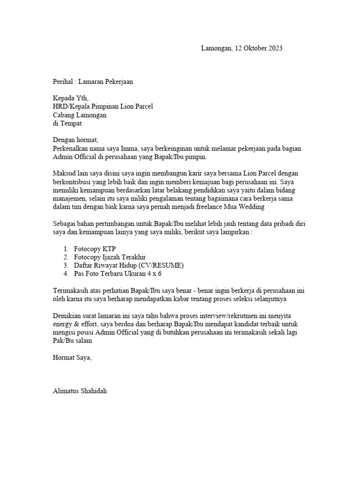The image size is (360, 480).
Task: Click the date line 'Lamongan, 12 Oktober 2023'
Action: (x=241, y=48)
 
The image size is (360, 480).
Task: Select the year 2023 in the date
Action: (x=275, y=48)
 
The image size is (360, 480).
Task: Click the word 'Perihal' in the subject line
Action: (x=63, y=82)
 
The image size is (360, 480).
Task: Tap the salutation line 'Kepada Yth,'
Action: (x=70, y=98)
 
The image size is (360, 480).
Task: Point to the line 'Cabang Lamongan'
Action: (x=80, y=115)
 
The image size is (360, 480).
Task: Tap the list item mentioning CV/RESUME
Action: (x=129, y=265)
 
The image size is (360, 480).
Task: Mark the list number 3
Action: (x=66, y=265)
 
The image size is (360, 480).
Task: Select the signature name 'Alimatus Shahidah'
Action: (x=80, y=391)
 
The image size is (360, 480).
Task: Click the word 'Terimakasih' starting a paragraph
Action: (x=71, y=290)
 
